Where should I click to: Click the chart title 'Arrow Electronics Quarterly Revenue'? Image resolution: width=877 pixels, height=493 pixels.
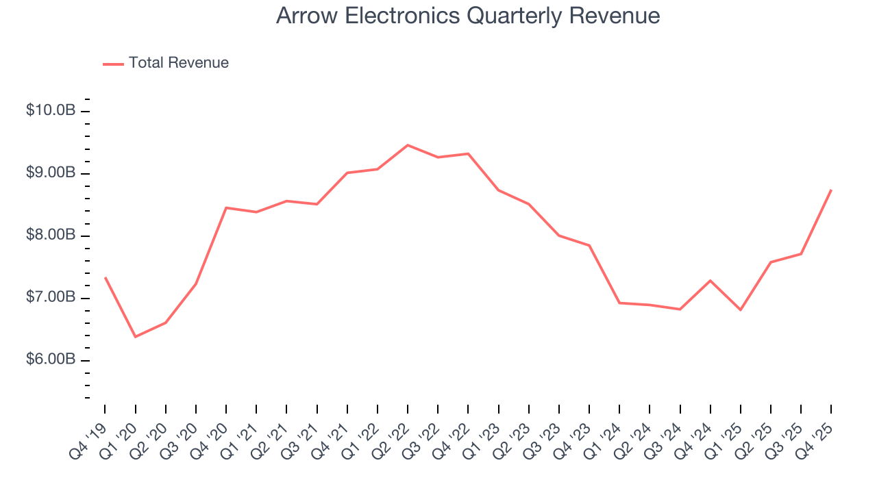[x=468, y=16]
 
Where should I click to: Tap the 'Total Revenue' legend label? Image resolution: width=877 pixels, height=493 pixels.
[x=178, y=63]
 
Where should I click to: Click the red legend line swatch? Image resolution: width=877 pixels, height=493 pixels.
[x=113, y=64]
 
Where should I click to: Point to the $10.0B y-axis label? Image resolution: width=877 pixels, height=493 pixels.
[x=51, y=111]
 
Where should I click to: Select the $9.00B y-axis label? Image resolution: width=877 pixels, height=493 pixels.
[x=51, y=173]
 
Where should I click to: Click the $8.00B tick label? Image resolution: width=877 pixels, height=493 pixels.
[x=51, y=236]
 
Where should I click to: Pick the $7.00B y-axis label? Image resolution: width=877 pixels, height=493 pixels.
[x=51, y=298]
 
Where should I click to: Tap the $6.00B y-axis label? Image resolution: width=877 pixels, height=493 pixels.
[x=51, y=360]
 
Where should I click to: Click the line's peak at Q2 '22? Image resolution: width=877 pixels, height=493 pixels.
[x=408, y=145]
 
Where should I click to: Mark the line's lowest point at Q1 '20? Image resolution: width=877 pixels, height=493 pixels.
[x=135, y=337]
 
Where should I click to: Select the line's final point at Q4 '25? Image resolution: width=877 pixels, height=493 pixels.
[x=831, y=190]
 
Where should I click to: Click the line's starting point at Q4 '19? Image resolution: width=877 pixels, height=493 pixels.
[x=105, y=277]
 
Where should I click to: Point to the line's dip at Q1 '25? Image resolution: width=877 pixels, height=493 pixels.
[x=741, y=310]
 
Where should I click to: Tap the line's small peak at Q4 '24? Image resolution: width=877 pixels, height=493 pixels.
[x=710, y=281]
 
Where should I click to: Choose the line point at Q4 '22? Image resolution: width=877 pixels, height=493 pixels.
[x=468, y=153]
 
